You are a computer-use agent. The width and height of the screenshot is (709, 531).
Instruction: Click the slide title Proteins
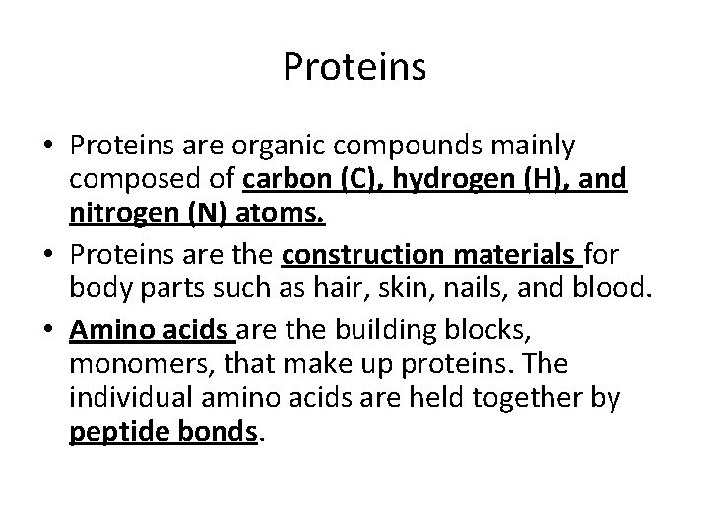coord(354,67)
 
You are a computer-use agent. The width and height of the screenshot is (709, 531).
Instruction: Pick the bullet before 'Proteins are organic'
coord(49,147)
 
